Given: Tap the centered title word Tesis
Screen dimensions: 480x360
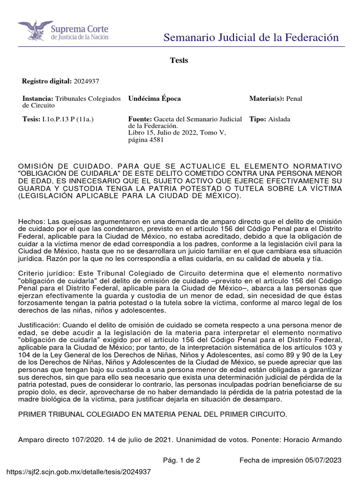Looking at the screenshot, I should pyautogui.click(x=179, y=60).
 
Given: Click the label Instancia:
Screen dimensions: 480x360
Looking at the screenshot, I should pyautogui.click(x=38, y=99).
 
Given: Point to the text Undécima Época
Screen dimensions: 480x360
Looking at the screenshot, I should pyautogui.click(x=154, y=99).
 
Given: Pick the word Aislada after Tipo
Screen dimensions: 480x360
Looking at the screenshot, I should pyautogui.click(x=279, y=120).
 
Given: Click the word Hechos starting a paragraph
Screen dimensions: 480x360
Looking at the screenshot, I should pyautogui.click(x=30, y=221).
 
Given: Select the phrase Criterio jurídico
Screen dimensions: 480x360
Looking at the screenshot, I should pyautogui.click(x=45, y=273).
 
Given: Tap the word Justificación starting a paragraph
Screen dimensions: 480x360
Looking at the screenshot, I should pyautogui.click(x=39, y=324).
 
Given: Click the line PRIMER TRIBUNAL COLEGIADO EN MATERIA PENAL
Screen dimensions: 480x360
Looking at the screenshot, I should pyautogui.click(x=152, y=415).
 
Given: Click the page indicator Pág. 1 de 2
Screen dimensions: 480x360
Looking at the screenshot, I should pyautogui.click(x=181, y=460).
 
